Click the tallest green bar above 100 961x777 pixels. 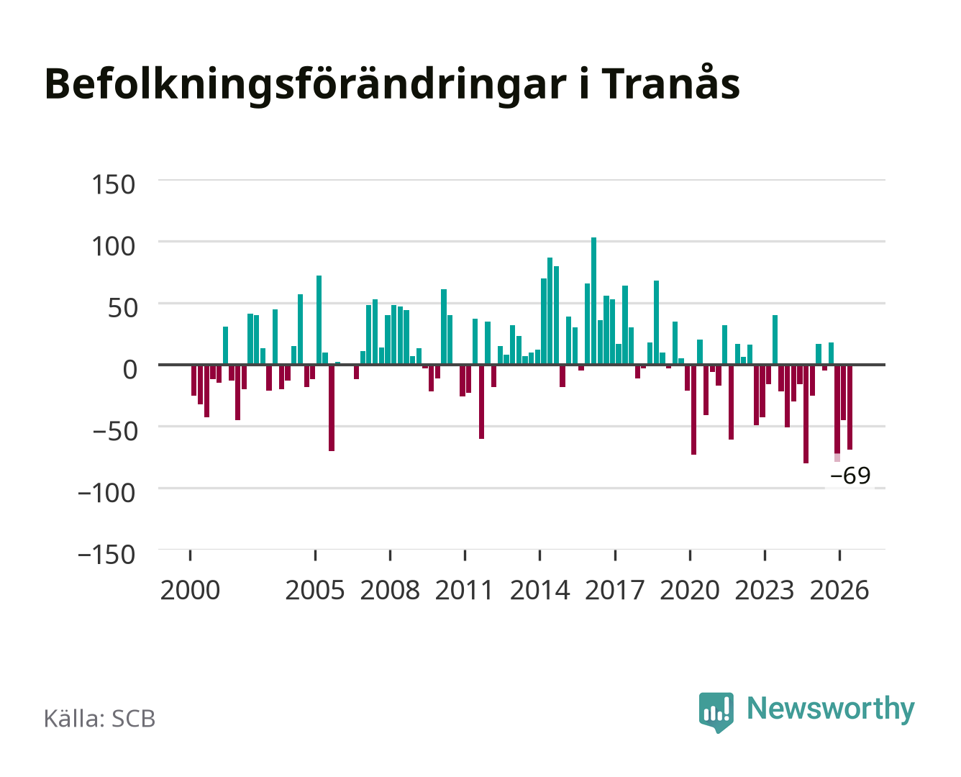click(x=593, y=301)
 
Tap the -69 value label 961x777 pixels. click(x=850, y=476)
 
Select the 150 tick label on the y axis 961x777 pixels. click(x=113, y=185)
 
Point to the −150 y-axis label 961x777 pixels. click(x=106, y=555)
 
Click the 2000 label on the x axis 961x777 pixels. click(x=190, y=590)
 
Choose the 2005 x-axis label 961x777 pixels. click(x=315, y=590)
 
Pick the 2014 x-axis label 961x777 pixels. click(x=539, y=590)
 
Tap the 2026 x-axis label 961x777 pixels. click(x=839, y=590)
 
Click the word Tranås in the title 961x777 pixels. click(x=670, y=84)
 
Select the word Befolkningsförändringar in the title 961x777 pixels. click(x=306, y=86)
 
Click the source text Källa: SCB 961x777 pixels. click(x=99, y=718)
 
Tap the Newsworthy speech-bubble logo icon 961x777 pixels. click(x=716, y=712)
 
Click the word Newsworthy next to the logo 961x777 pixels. click(x=831, y=709)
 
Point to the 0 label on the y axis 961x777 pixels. click(x=129, y=370)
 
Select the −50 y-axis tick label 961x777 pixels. click(x=114, y=432)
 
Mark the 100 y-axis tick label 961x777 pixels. click(x=113, y=247)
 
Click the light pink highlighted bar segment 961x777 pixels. click(x=837, y=458)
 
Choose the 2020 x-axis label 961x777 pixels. click(x=689, y=590)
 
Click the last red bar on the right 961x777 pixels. click(x=850, y=407)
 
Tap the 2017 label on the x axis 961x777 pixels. click(x=614, y=590)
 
